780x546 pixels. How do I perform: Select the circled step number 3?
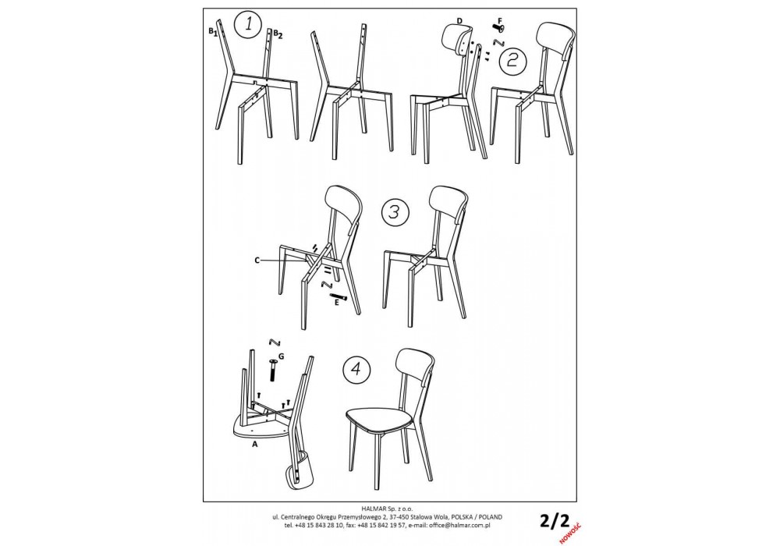click(x=395, y=212)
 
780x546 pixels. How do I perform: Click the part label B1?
click(x=213, y=32)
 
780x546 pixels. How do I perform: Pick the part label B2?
click(x=278, y=34)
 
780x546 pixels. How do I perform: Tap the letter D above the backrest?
click(x=459, y=20)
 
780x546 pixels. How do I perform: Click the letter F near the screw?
click(x=499, y=20)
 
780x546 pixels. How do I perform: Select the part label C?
click(x=257, y=260)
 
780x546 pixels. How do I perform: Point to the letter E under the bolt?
click(x=337, y=302)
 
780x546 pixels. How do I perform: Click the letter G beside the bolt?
click(x=282, y=356)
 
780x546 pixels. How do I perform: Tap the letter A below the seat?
click(x=255, y=444)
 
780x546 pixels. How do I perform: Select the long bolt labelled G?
click(x=272, y=370)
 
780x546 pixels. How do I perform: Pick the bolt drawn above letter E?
click(x=339, y=296)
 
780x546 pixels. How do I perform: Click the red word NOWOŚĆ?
click(x=570, y=532)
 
